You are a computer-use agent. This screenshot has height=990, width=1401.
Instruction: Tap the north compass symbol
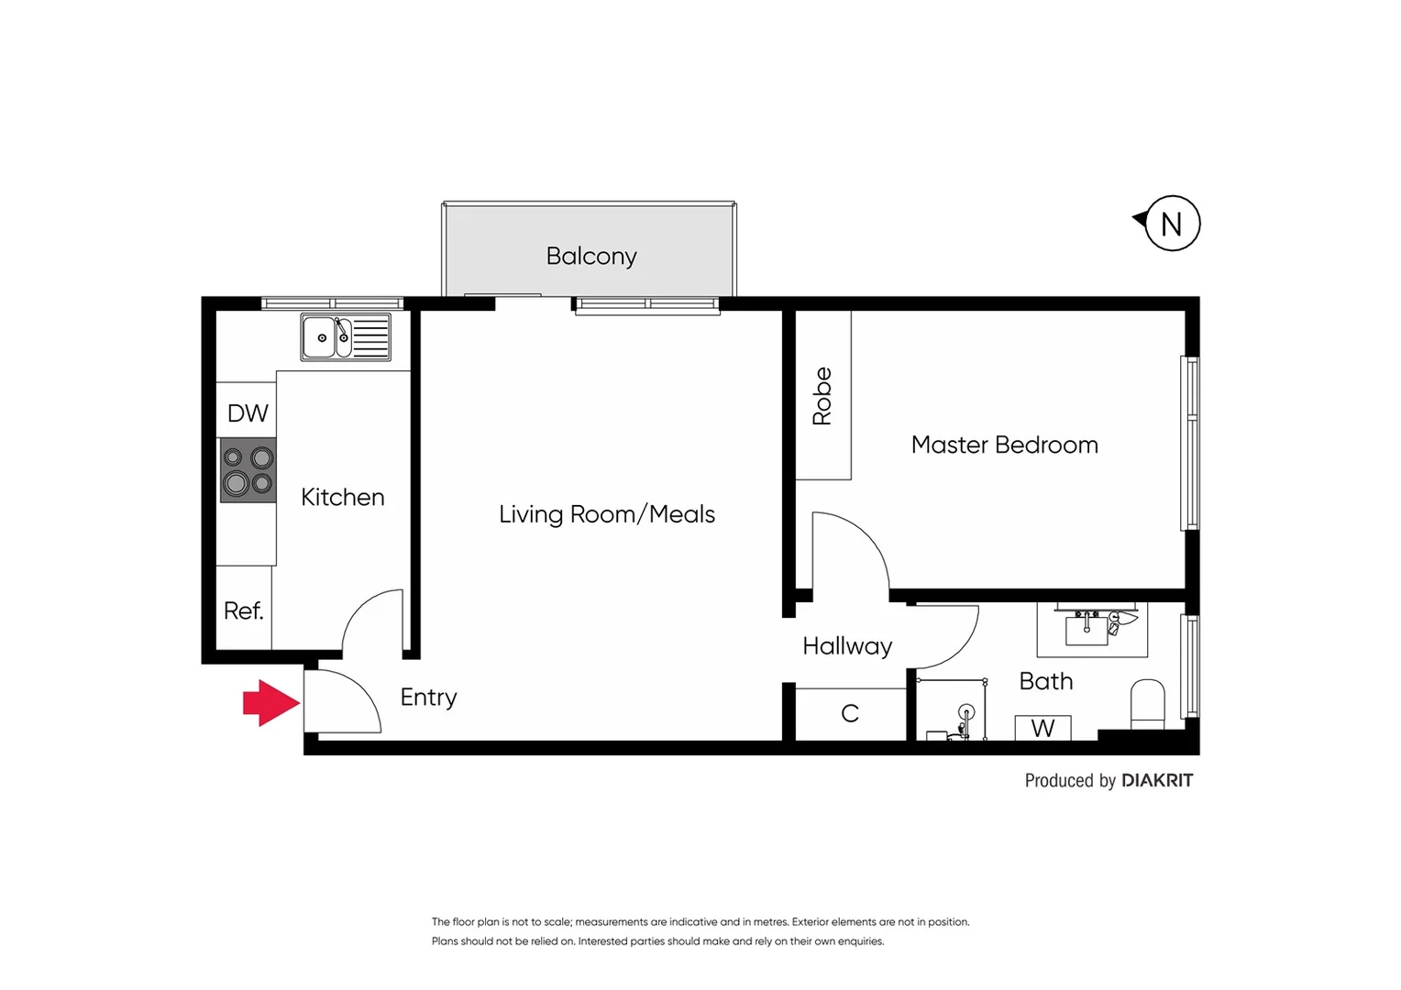click(1171, 224)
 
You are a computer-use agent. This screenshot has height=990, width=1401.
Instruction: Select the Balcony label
click(591, 256)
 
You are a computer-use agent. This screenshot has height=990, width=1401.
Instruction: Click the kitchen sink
click(346, 337)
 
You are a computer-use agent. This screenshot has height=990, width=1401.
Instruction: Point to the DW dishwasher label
click(248, 413)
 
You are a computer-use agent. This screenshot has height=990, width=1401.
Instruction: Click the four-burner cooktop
click(248, 470)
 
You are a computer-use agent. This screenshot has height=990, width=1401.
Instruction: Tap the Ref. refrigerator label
click(243, 610)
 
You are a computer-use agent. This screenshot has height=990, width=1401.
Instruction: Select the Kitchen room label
click(342, 497)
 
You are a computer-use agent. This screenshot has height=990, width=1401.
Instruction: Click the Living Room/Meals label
click(606, 514)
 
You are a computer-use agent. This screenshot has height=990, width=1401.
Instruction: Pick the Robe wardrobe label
click(822, 396)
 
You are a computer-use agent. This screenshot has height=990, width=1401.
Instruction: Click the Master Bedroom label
click(1004, 445)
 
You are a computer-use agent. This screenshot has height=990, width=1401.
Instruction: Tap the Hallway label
click(847, 646)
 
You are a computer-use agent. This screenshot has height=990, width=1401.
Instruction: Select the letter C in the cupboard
click(850, 713)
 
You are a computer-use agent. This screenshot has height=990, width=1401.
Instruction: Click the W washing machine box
click(1042, 728)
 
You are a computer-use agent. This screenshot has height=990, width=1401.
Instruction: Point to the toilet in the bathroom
click(1147, 704)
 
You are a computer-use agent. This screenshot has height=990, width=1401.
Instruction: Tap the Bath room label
click(1045, 681)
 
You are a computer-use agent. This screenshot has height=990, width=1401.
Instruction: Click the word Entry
click(428, 698)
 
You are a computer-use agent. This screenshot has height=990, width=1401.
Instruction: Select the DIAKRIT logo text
click(1157, 780)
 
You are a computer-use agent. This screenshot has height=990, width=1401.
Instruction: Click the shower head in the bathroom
click(965, 712)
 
